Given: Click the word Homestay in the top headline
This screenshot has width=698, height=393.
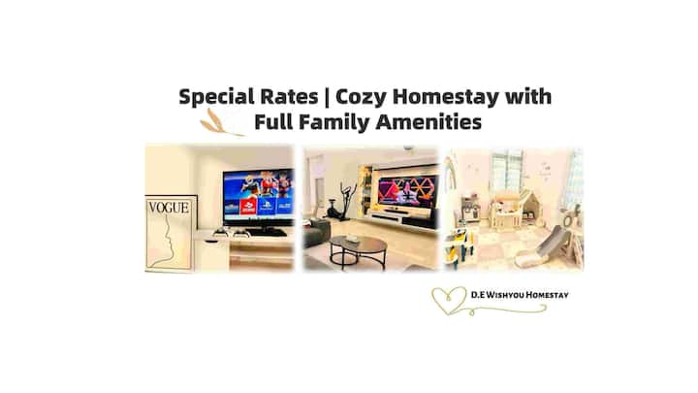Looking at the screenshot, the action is (x=446, y=98).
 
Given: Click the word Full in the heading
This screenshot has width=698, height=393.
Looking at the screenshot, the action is (x=272, y=121).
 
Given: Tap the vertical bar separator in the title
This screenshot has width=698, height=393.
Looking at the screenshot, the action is (x=328, y=97).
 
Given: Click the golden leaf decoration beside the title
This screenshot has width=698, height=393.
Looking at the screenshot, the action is (x=219, y=123).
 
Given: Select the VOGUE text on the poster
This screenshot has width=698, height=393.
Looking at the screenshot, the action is (x=169, y=208).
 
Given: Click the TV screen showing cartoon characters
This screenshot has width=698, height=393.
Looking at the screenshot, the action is (x=258, y=196).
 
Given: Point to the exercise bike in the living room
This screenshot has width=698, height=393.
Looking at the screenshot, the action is (x=341, y=202).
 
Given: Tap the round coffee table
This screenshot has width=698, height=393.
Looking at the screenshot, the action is (x=358, y=251).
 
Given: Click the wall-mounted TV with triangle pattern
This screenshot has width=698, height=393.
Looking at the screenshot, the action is (x=408, y=191).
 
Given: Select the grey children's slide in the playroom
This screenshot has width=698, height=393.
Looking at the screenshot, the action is (x=542, y=248).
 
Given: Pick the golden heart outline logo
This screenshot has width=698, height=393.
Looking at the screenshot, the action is (x=450, y=300).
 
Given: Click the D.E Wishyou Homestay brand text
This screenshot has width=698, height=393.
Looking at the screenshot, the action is (x=520, y=295).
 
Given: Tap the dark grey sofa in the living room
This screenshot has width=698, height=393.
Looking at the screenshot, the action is (x=316, y=234).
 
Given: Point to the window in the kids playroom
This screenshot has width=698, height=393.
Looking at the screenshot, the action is (x=507, y=170).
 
